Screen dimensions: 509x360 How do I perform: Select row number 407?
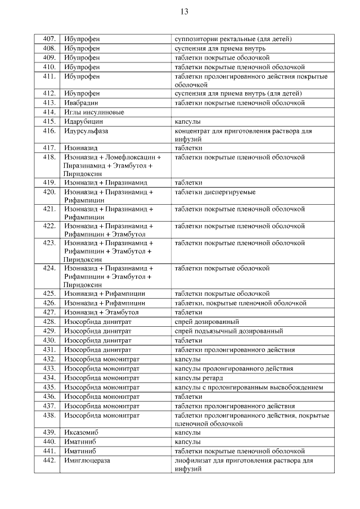coord(49,39)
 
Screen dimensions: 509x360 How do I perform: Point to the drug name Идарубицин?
coord(84,121)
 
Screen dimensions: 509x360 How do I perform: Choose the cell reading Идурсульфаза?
coord(85,130)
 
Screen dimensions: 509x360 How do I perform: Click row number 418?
coord(49,157)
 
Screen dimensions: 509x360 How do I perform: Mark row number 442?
coord(49,461)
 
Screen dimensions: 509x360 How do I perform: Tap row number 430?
coord(49,340)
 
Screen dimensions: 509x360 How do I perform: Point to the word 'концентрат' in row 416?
coord(193,130)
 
